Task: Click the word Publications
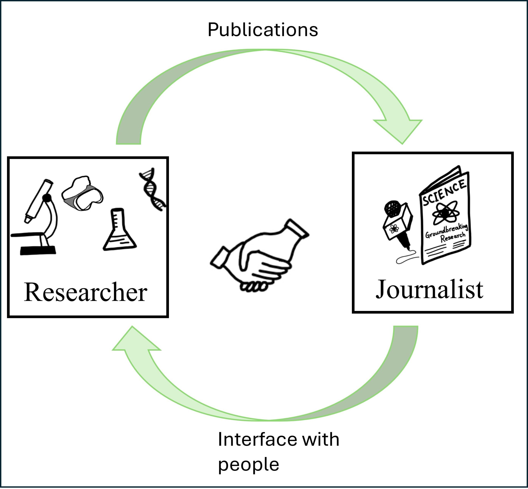point(263,30)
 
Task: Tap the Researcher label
point(86,292)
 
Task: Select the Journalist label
point(429,290)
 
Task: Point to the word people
point(248,464)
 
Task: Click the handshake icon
point(259,257)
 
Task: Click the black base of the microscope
point(38,250)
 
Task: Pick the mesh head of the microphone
point(392,208)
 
